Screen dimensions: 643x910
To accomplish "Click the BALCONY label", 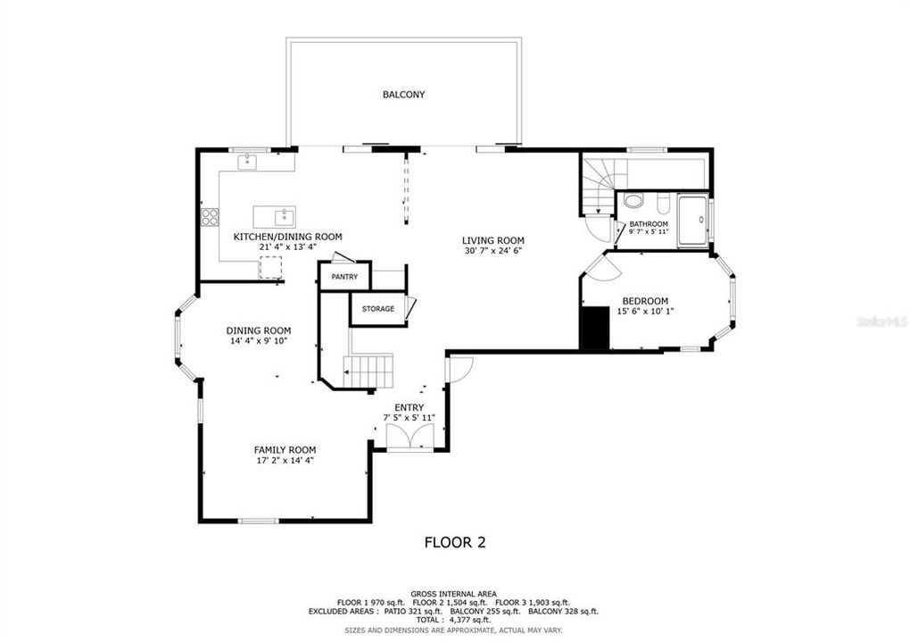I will coord(403,94).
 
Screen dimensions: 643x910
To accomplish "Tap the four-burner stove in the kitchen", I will coord(211,215).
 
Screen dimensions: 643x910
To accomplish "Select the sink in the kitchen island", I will coord(283,215).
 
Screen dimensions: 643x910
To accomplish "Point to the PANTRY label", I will coord(343,277).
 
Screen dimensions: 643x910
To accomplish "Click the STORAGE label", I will coord(377,309).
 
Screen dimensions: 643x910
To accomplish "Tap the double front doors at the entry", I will coord(409,435).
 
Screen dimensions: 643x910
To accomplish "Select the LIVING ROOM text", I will coord(492,240).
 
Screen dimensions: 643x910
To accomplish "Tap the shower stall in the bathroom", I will coord(692,218).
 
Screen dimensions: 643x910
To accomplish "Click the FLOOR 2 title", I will coord(454,541).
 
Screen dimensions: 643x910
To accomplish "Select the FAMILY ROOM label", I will coord(285,449).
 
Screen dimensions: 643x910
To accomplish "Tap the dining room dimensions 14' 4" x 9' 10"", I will coord(258,341).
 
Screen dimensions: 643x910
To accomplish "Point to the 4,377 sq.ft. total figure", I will coord(469,619).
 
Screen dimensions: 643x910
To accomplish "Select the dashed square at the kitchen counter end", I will coord(270,267).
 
